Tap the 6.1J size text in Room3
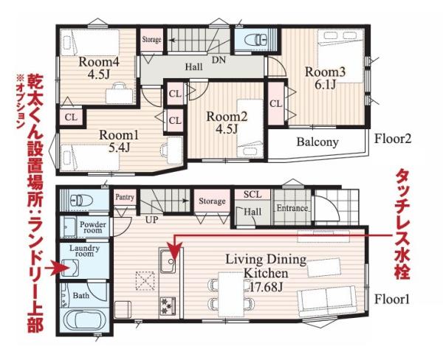point(325,84)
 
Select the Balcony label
point(317,142)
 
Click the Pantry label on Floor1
point(125,197)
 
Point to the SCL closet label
point(253,194)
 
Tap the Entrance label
point(292,208)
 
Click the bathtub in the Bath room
point(83,322)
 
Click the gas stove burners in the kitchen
point(168,306)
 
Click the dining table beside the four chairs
point(231,294)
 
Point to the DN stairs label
point(219,60)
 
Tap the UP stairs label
point(151,219)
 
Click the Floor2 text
point(393,139)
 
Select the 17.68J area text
point(267,287)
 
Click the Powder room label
point(93,227)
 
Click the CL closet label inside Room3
point(275,104)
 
